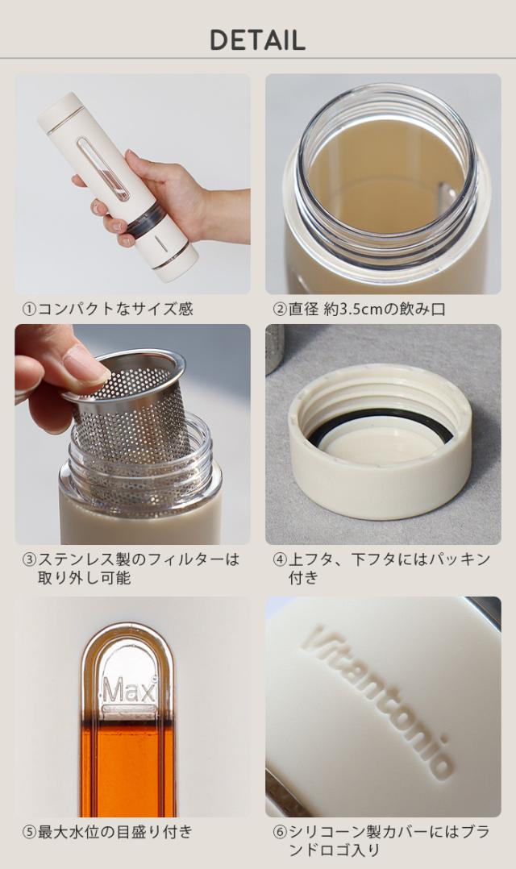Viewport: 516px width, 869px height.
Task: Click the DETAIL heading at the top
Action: click(x=258, y=40)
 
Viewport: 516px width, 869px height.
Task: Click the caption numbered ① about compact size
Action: click(x=107, y=309)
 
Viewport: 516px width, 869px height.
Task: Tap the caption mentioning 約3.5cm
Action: click(x=359, y=309)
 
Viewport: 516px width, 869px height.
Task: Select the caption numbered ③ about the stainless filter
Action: click(x=131, y=568)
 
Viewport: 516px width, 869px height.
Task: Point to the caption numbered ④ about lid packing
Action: click(x=381, y=568)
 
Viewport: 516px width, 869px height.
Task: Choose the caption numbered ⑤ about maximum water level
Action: click(x=107, y=831)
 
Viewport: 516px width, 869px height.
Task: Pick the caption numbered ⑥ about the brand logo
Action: click(x=381, y=841)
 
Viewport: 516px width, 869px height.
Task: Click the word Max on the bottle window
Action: click(x=129, y=691)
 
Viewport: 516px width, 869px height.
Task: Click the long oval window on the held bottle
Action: click(x=103, y=168)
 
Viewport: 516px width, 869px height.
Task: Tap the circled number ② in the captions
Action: click(x=280, y=310)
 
